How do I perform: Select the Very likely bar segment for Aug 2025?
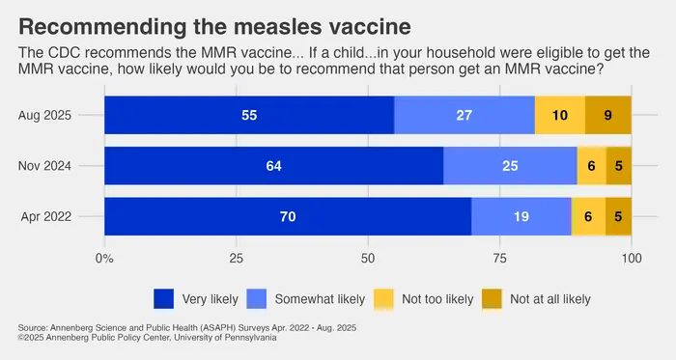click(249, 116)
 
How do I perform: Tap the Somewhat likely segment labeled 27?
click(465, 116)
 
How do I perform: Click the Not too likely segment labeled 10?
click(559, 116)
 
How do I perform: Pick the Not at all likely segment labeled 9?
click(607, 116)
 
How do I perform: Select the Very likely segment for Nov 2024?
click(273, 166)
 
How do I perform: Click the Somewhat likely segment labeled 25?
click(510, 166)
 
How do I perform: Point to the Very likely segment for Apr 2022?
click(288, 216)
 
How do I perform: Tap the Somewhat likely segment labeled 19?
click(521, 216)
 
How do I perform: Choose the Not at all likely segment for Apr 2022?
click(618, 216)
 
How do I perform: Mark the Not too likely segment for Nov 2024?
click(591, 166)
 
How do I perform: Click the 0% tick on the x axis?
click(104, 259)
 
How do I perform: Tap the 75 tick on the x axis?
click(499, 259)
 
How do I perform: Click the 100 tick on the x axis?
click(631, 259)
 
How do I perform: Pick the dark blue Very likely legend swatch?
click(164, 298)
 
